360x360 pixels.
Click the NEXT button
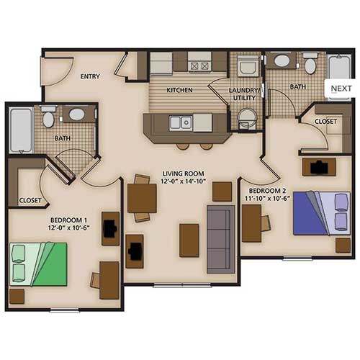tap(341, 89)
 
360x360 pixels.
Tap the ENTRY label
tap(90, 76)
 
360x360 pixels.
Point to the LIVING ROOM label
tap(184, 174)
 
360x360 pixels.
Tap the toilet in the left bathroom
tap(48, 117)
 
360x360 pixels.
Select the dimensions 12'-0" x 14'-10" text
tap(184, 183)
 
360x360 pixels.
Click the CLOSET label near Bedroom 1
tap(30, 199)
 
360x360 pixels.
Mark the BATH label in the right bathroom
tap(298, 86)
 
